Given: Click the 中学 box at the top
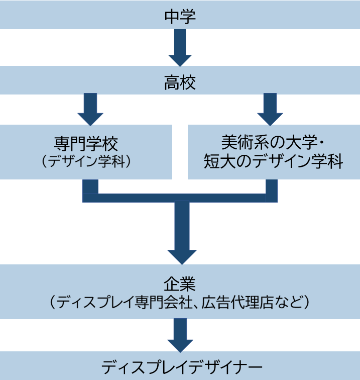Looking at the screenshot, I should coord(180,16).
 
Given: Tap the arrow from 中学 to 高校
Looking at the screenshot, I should coord(180,48).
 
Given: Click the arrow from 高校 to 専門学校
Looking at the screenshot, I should coord(90,109).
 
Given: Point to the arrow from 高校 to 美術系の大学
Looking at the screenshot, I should coord(270,109).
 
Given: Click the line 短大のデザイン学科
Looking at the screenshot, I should coord(274,162).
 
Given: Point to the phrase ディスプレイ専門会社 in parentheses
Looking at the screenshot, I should coord(127,302).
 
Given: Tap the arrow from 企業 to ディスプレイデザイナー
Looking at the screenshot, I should coord(180,336).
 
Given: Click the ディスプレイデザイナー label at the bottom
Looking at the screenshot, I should coord(180,367).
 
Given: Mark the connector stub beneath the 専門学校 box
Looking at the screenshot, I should coord(90,186).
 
